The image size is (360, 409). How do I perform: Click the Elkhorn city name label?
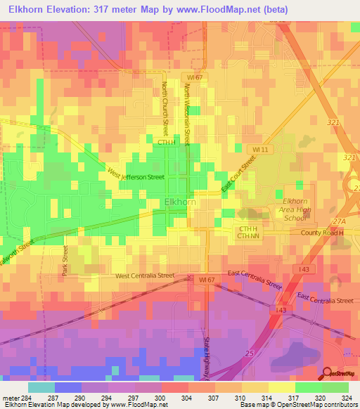[x=179, y=202]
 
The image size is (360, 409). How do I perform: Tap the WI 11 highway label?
[x=261, y=150]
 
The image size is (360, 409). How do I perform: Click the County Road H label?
[x=324, y=233]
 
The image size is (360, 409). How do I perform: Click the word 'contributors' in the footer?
[x=340, y=405]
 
